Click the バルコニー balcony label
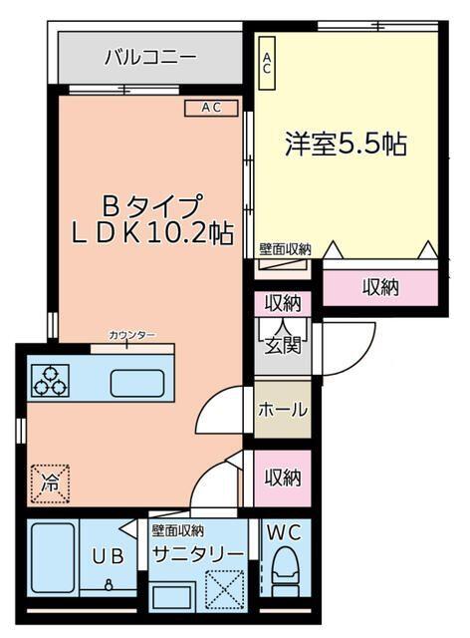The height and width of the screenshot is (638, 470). tap(150, 58)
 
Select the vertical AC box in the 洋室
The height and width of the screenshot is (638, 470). tap(266, 64)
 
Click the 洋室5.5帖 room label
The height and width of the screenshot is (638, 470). tap(346, 144)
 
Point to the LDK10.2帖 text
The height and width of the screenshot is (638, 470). tap(152, 233)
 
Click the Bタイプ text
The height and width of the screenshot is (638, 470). tap(152, 204)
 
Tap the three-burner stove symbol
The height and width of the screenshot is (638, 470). tap(49, 380)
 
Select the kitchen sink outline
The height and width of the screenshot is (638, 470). tap(137, 382)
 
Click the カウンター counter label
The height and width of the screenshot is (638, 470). tap(131, 335)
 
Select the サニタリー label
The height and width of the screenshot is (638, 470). tap(197, 555)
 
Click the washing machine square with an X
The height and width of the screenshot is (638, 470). tap(224, 588)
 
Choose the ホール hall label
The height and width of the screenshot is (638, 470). tap(283, 410)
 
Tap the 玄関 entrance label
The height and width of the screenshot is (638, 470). tap(283, 345)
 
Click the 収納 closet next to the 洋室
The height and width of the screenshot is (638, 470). tap(379, 287)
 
